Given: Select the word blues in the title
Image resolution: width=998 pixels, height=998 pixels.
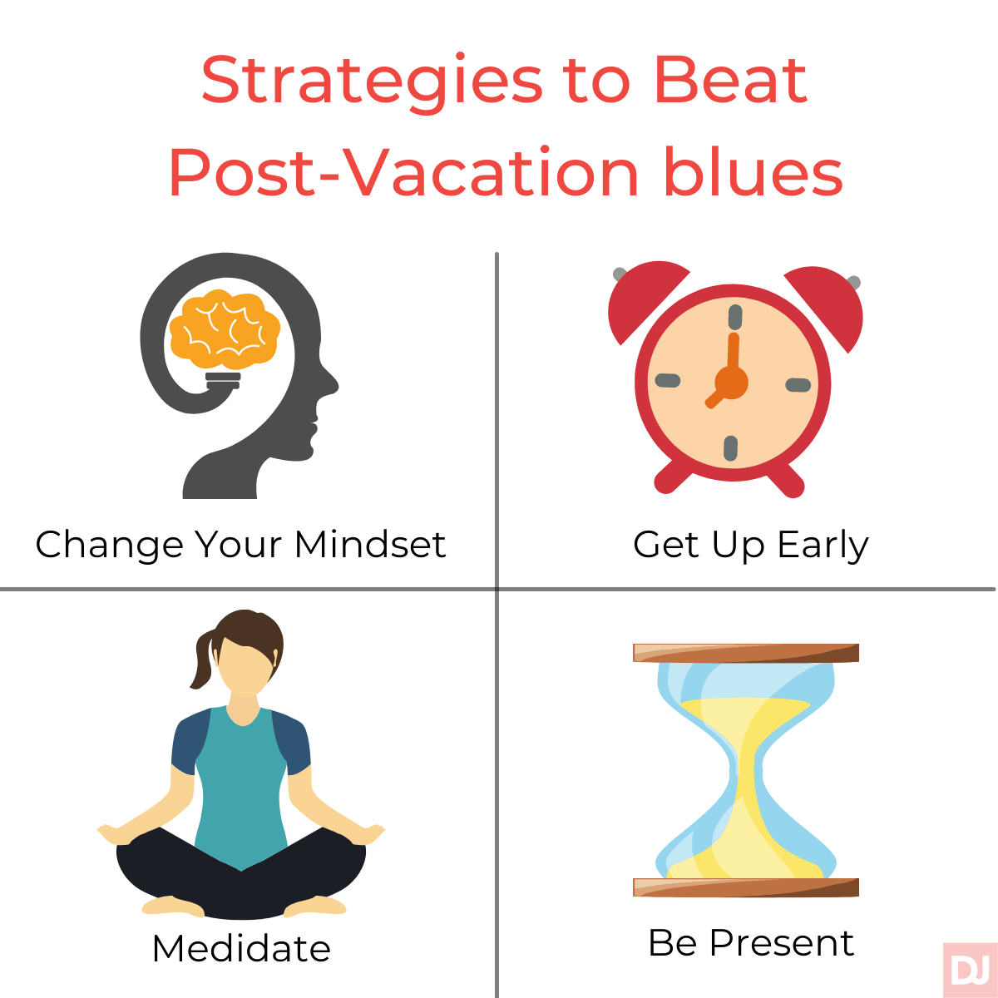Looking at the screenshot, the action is tap(753, 171).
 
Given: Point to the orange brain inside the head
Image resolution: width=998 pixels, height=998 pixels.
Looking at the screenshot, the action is tap(225, 329).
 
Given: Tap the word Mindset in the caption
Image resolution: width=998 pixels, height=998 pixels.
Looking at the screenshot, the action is tap(370, 544).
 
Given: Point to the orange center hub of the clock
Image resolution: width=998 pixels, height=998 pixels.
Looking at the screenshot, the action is tap(731, 383).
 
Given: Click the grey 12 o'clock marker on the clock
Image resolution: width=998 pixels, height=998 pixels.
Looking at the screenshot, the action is tap(735, 316).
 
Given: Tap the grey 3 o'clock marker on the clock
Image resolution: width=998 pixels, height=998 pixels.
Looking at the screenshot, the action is tap(798, 385).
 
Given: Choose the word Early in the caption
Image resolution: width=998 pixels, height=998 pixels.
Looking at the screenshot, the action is tap(823, 546).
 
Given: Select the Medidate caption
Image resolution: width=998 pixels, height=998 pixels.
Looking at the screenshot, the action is tap(241, 948).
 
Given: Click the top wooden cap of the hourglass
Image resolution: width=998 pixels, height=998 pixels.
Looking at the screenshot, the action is tap(746, 653).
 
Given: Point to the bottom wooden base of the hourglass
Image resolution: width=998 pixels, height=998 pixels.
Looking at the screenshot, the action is tap(746, 887).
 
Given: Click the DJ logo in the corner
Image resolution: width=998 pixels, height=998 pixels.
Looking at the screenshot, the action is tap(970, 970).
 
